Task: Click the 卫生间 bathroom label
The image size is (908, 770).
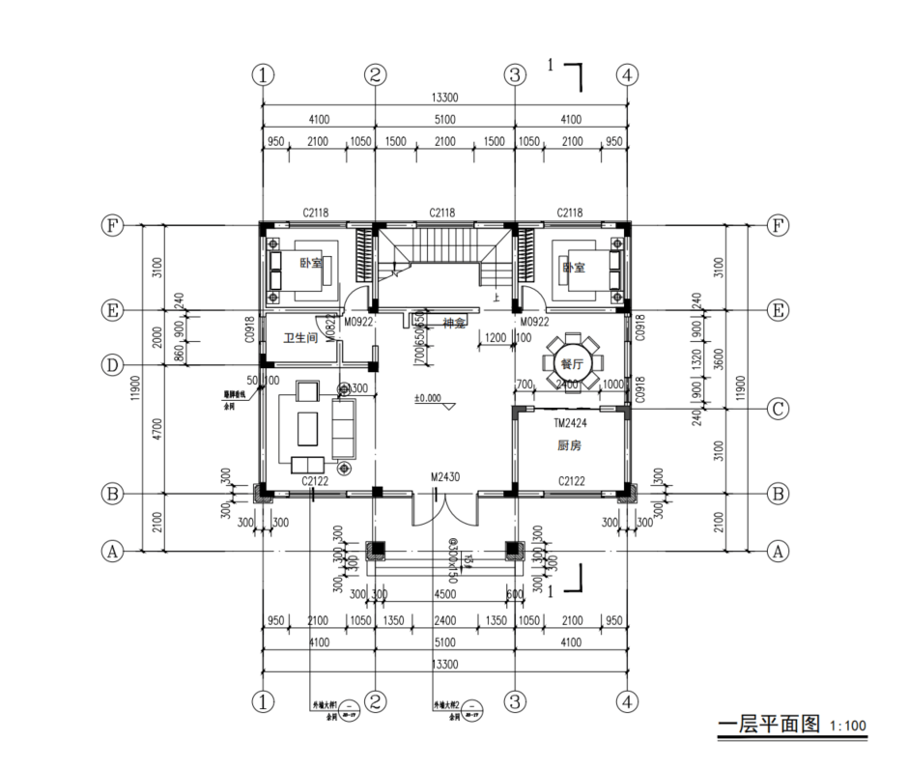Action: pyautogui.click(x=300, y=338)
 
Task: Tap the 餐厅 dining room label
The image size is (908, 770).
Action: pyautogui.click(x=572, y=364)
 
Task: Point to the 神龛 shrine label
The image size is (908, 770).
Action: pyautogui.click(x=454, y=323)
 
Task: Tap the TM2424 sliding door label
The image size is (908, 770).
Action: pyautogui.click(x=571, y=423)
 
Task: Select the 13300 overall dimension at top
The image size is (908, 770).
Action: pyautogui.click(x=444, y=98)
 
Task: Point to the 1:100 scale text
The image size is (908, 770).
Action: pyautogui.click(x=848, y=726)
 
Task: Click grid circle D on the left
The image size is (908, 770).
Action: pyautogui.click(x=113, y=365)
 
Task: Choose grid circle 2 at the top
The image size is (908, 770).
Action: pyautogui.click(x=376, y=74)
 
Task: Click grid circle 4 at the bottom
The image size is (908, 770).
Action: pyautogui.click(x=628, y=699)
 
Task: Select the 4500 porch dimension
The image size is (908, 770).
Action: pyautogui.click(x=444, y=593)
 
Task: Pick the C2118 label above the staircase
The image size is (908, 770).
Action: pyautogui.click(x=443, y=213)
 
